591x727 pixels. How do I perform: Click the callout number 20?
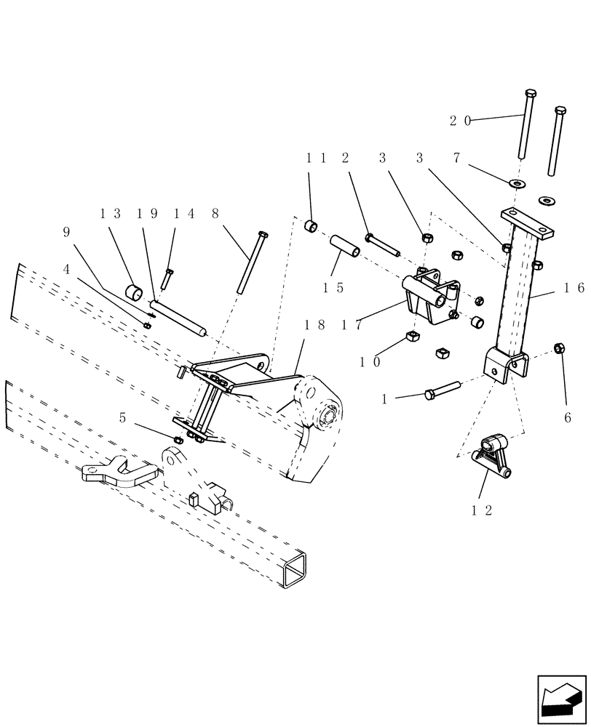tap(461, 121)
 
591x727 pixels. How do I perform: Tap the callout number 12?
tap(483, 510)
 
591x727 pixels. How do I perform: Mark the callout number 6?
tap(568, 418)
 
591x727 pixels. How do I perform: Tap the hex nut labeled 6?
tap(560, 348)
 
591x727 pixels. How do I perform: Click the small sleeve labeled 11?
tap(311, 225)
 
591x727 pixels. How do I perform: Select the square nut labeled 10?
tap(410, 336)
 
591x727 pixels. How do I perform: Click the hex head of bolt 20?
tap(529, 94)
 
